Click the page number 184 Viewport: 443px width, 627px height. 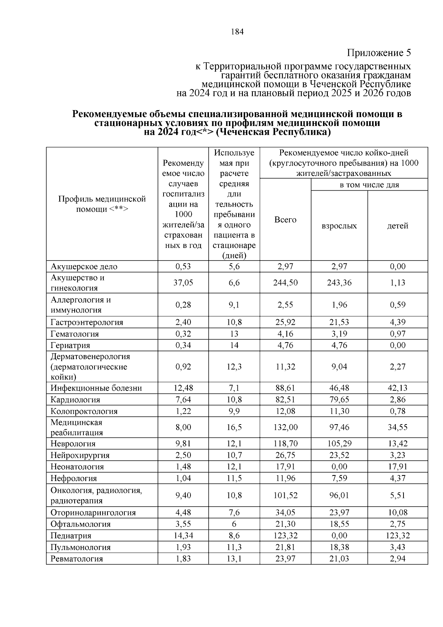tap(237, 32)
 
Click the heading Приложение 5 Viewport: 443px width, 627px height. tap(379, 53)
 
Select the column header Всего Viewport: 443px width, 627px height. tap(285, 220)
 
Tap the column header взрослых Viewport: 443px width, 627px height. tap(339, 226)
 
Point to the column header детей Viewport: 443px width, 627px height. tap(398, 226)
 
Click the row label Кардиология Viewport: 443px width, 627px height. tap(75, 400)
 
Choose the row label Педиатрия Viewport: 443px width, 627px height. tap(71, 536)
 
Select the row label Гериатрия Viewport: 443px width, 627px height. tap(70, 345)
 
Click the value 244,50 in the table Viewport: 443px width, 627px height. tap(285, 283)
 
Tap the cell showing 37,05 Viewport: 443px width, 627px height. tap(183, 283)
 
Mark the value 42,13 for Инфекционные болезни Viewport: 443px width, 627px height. tap(398, 388)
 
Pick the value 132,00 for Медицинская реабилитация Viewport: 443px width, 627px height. tap(285, 427)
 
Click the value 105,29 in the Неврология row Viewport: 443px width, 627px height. tap(339, 444)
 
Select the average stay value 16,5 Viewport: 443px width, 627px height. tap(234, 427)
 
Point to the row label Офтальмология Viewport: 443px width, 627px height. tap(80, 524)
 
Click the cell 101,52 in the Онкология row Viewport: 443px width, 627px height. tap(285, 495)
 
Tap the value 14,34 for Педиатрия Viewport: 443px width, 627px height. tap(183, 536)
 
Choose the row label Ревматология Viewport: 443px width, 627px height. tap(76, 559)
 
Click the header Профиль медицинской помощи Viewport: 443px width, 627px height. tap(102, 204)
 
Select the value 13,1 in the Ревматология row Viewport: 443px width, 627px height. tap(234, 559)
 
